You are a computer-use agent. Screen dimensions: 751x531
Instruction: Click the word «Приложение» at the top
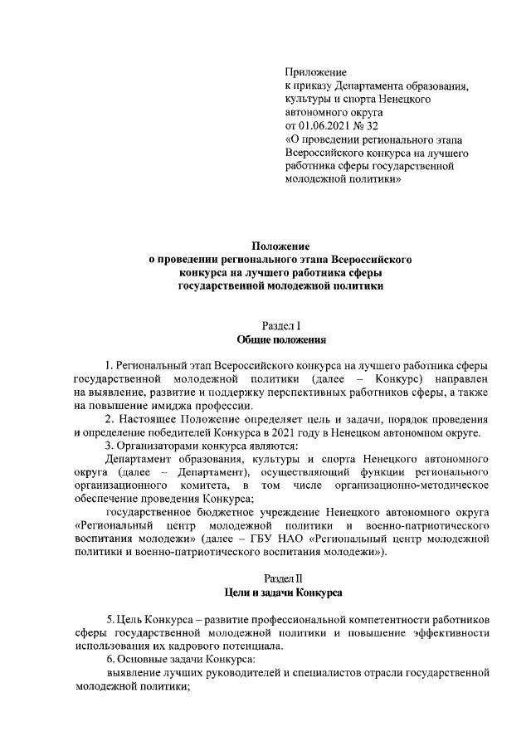315,72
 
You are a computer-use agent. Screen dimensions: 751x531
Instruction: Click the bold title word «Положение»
280,246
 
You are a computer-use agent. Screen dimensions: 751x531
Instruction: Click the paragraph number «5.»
111,621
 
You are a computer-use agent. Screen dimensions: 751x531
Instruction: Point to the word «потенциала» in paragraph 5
251,647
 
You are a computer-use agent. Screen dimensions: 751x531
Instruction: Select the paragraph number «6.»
111,661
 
